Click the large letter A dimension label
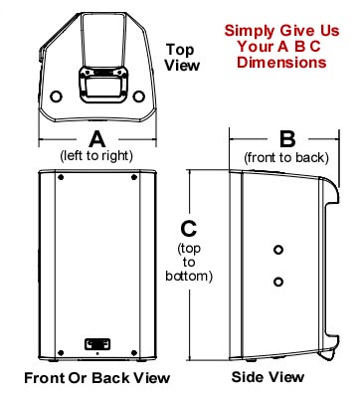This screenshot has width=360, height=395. pos(97,138)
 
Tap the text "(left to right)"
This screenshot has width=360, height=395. pos(97,156)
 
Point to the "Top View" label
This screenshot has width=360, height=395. pos(181,57)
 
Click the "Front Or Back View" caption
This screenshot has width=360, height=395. pos(96,378)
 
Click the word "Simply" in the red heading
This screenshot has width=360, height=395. pos(248,31)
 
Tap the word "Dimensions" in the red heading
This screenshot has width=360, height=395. pos(288,62)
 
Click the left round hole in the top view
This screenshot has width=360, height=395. pos(55,97)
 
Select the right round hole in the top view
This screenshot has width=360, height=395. pos(138,97)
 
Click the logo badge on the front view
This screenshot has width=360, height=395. pos(96,346)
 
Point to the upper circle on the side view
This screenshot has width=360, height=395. pos(279,248)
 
